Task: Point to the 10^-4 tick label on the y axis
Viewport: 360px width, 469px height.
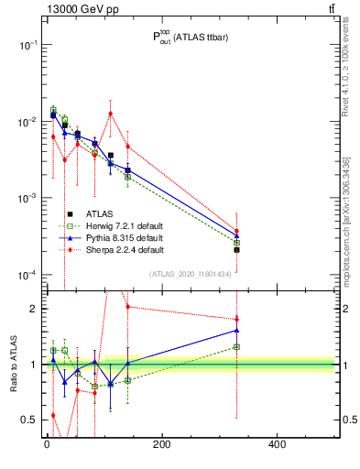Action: [25, 275]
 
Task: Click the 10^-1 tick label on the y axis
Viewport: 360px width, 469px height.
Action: [25, 45]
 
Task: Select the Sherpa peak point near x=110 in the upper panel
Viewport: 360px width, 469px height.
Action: [110, 114]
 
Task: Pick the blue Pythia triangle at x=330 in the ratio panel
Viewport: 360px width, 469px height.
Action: [236, 330]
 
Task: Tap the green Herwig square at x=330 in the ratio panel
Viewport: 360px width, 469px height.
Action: [236, 346]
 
